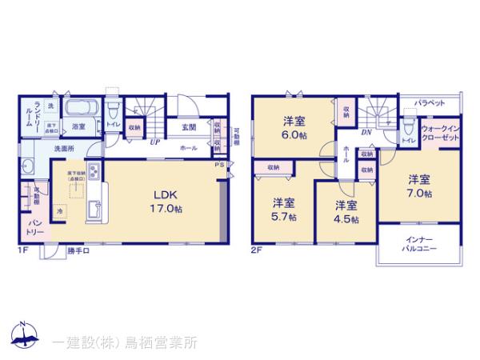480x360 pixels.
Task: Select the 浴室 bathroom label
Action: pos(78,126)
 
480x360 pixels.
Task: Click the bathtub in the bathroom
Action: pos(80,109)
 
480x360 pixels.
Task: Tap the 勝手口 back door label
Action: pos(78,250)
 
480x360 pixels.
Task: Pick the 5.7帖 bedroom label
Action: pos(283,209)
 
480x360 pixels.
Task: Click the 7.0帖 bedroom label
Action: pos(418,185)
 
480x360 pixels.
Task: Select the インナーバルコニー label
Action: pos(419,245)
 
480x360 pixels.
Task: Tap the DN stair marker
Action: pos(366,132)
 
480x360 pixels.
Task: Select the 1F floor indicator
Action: pos(24,250)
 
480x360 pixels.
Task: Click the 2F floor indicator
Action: pos(255,250)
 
